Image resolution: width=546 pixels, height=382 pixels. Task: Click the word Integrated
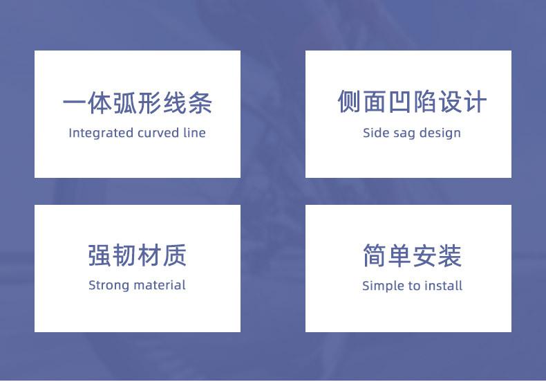tap(101, 134)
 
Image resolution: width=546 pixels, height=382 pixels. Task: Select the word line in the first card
tap(194, 133)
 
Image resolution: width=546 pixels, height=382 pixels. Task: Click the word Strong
tap(109, 286)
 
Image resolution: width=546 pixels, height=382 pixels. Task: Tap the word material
tap(160, 285)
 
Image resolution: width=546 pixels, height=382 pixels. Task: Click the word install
tap(443, 286)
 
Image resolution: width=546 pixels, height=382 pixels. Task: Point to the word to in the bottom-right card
tap(414, 286)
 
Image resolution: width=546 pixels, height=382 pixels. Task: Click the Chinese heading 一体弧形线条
tap(138, 103)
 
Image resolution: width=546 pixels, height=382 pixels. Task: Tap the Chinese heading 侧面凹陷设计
tap(412, 102)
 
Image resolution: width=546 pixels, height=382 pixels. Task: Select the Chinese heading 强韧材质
tap(138, 255)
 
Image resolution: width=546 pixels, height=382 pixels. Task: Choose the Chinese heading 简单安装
tap(413, 255)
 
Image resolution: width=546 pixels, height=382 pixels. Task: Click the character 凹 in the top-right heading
tap(399, 102)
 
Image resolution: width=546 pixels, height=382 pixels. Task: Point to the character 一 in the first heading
tap(75, 103)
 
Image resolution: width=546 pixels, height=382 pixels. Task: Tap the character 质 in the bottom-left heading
tap(175, 255)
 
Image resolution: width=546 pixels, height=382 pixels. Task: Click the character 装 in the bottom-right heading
tap(450, 255)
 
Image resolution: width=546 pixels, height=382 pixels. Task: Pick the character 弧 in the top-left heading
tap(125, 103)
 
